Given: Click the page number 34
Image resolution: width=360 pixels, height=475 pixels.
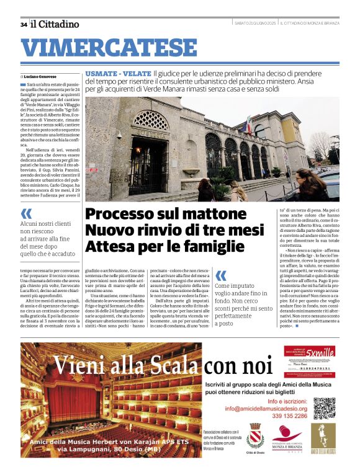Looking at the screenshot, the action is [24, 24].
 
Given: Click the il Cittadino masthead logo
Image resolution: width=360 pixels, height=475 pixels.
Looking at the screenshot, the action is [55, 24].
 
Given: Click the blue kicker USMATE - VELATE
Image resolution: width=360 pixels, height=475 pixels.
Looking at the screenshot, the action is [118, 73].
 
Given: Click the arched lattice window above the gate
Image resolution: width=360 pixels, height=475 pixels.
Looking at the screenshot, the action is [151, 120].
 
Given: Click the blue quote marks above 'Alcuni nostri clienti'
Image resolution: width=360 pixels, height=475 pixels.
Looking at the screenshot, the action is [27, 213].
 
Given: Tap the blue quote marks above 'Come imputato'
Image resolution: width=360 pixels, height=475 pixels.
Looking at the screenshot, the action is [221, 292].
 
